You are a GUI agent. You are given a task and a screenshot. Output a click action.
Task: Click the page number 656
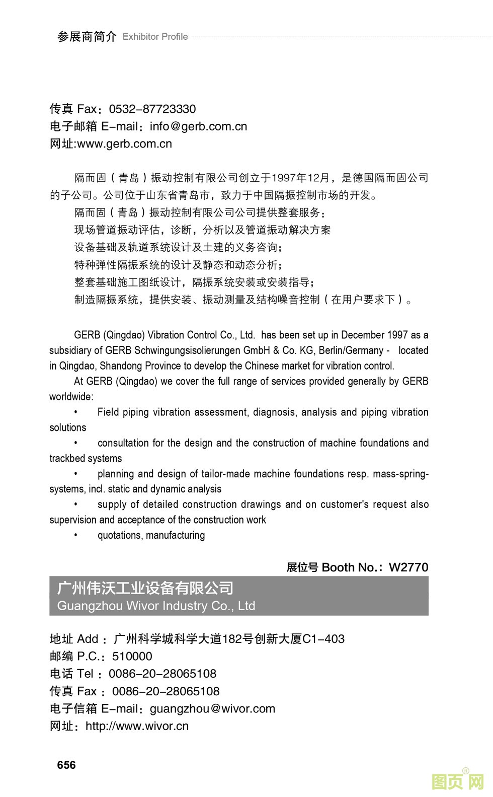point(66,765)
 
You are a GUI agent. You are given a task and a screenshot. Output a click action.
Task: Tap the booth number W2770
point(408,567)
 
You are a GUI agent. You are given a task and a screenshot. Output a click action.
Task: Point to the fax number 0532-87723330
point(152,109)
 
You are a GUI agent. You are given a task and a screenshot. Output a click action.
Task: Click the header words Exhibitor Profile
point(155,37)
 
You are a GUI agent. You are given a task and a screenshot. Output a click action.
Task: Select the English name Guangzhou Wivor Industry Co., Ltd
point(156,606)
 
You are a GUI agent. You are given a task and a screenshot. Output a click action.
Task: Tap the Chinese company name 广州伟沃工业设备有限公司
point(145,588)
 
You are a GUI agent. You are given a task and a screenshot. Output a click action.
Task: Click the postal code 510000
point(132,657)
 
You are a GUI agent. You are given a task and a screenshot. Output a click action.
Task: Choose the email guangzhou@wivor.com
point(212,709)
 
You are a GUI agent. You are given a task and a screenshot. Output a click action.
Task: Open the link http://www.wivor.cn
point(137,726)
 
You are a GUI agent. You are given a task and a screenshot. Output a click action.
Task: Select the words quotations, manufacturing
point(151,535)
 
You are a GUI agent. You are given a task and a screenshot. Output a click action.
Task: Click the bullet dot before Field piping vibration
point(75,412)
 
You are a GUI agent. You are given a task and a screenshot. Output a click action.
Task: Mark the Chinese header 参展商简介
point(87,37)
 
